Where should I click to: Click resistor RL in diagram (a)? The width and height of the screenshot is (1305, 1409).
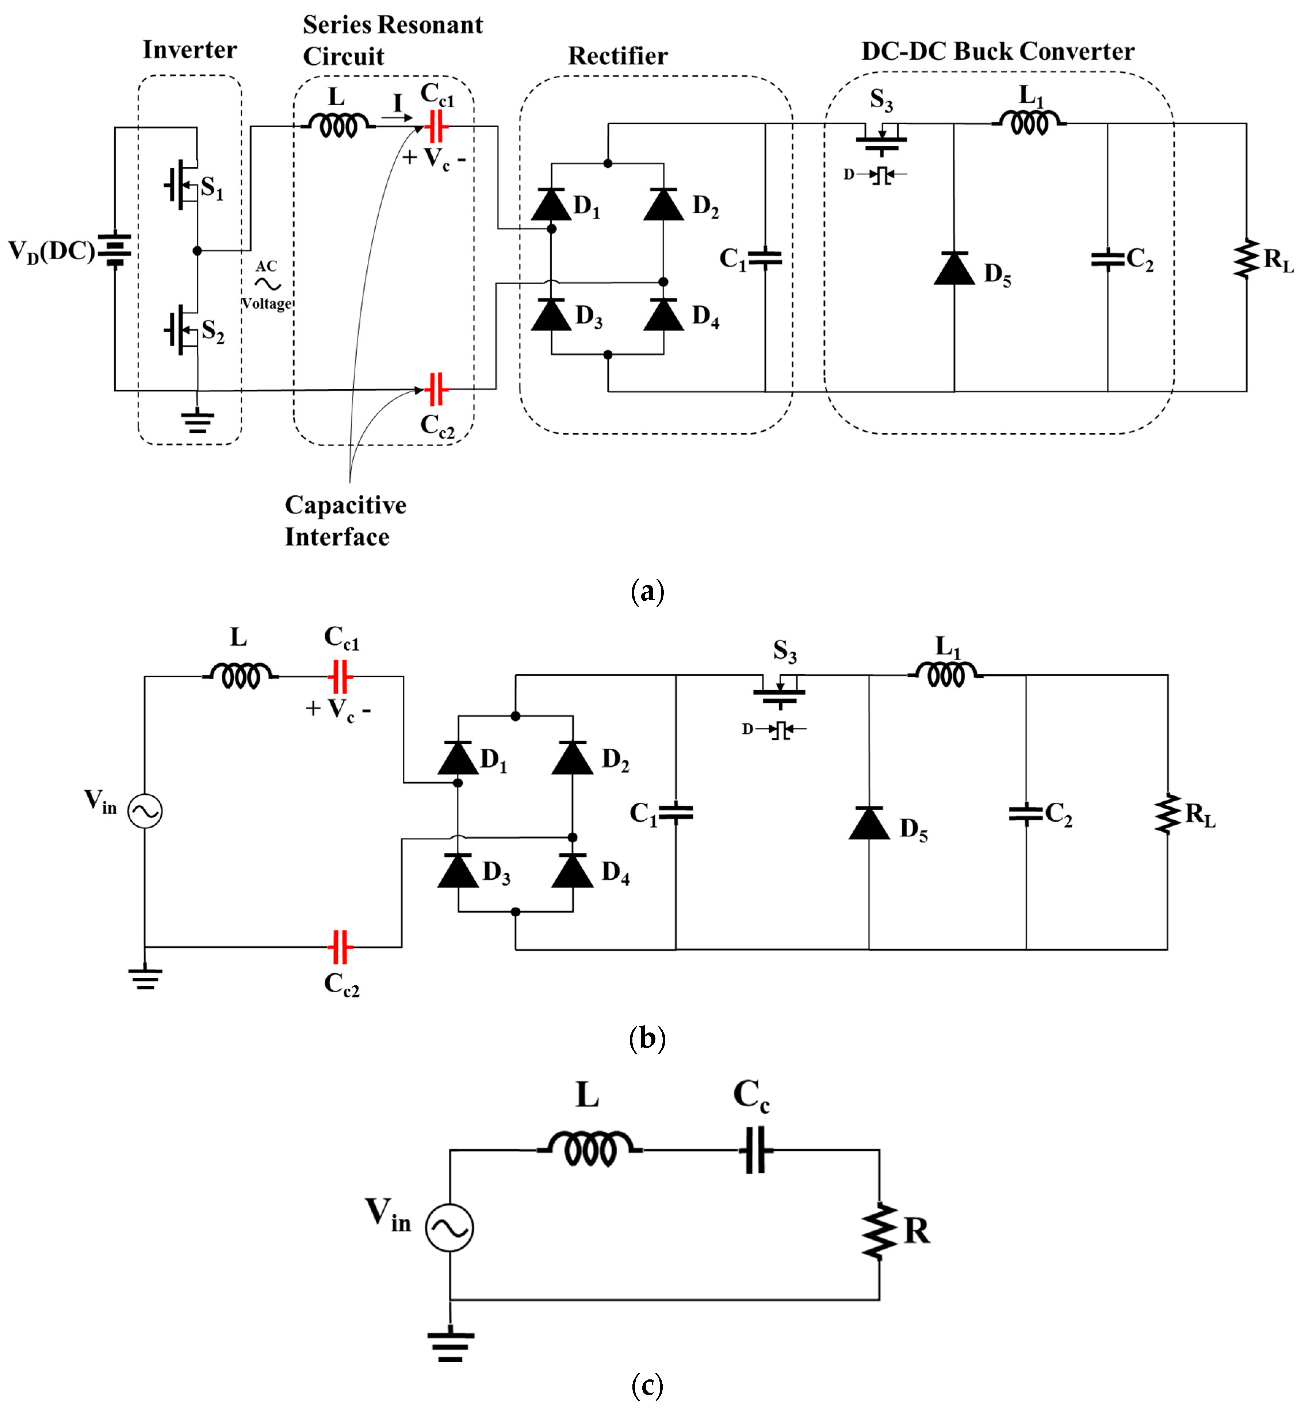(x=1246, y=259)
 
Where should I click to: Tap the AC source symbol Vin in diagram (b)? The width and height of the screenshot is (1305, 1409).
(x=145, y=811)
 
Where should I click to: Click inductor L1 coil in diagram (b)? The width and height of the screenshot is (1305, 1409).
(x=946, y=675)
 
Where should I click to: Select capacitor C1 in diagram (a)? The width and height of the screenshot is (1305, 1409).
(x=765, y=259)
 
